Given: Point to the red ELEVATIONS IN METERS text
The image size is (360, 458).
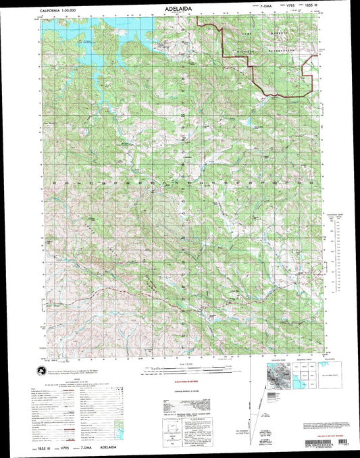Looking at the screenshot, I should click(x=181, y=384).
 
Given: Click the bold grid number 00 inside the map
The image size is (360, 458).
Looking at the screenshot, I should click(x=273, y=183).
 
